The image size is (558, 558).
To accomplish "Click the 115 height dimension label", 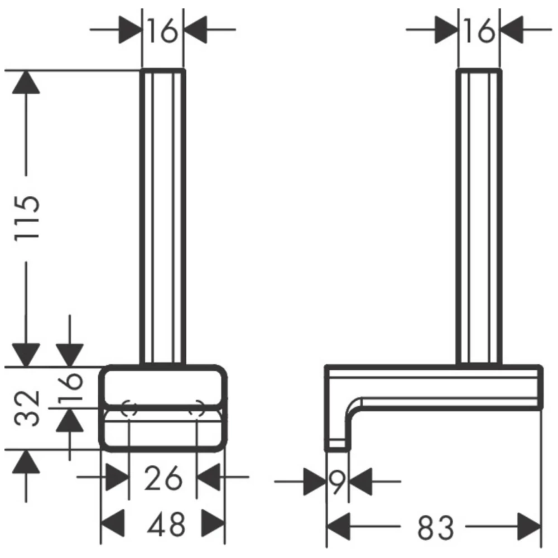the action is point(27,218).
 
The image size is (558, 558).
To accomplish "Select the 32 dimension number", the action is point(27,408).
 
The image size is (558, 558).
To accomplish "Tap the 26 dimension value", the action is point(163,478).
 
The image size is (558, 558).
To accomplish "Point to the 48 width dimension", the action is point(166,524).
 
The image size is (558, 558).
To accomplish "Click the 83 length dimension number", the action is point(436,527).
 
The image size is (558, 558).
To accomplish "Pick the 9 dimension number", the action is point(337,482).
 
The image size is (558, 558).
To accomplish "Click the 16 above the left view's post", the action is point(162,30).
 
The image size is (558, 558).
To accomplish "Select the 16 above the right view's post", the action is point(479,30).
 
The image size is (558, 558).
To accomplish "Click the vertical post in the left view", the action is point(162,217).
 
